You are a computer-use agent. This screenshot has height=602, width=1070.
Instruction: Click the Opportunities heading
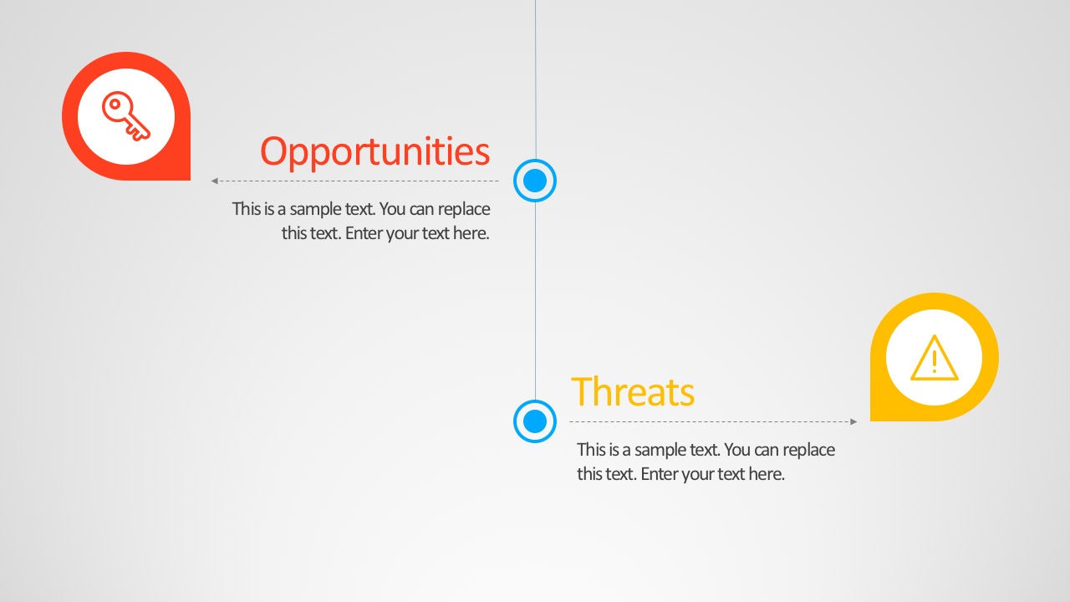tap(375, 153)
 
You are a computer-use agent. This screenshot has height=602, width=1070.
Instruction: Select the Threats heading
tap(633, 392)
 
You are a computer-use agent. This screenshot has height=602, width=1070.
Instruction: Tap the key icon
tap(126, 116)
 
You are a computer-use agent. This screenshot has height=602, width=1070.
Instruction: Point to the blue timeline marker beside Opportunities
tap(535, 181)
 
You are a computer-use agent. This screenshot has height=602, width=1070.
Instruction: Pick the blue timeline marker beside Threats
tap(535, 421)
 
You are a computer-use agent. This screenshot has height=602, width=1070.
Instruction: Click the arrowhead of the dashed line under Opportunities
tap(215, 181)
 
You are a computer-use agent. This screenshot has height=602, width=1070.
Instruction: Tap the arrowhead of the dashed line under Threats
tap(853, 421)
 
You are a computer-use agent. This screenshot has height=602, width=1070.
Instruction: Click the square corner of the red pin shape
tap(190, 180)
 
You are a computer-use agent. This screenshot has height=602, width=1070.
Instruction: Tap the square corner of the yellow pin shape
tap(871, 421)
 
